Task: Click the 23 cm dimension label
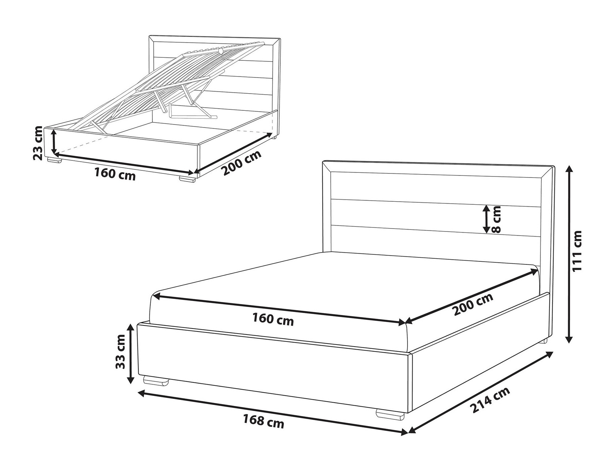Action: (38, 143)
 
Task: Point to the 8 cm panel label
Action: (496, 219)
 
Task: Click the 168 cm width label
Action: (264, 421)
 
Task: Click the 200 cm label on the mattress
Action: (473, 304)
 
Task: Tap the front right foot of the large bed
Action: (390, 413)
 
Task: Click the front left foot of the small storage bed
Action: (54, 161)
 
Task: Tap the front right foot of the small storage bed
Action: (187, 180)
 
